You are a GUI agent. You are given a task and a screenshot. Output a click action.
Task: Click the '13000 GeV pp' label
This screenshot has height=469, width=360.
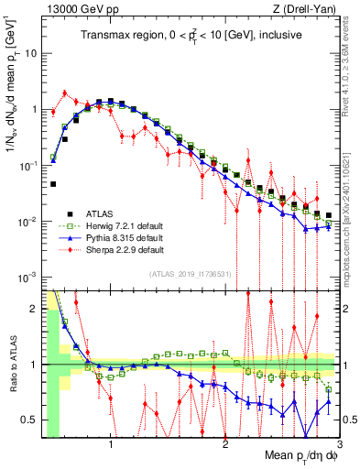click(73, 9)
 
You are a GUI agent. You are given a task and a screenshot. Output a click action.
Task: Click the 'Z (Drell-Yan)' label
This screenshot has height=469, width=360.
click(306, 9)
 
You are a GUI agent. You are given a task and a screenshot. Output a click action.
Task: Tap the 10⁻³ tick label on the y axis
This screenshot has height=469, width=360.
click(28, 278)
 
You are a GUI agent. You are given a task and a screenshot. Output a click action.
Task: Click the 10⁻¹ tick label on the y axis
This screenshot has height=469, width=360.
click(28, 165)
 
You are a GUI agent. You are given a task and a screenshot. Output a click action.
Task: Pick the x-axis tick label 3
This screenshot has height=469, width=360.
click(338, 444)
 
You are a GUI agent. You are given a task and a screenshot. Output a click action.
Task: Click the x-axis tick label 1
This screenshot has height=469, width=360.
click(111, 444)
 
